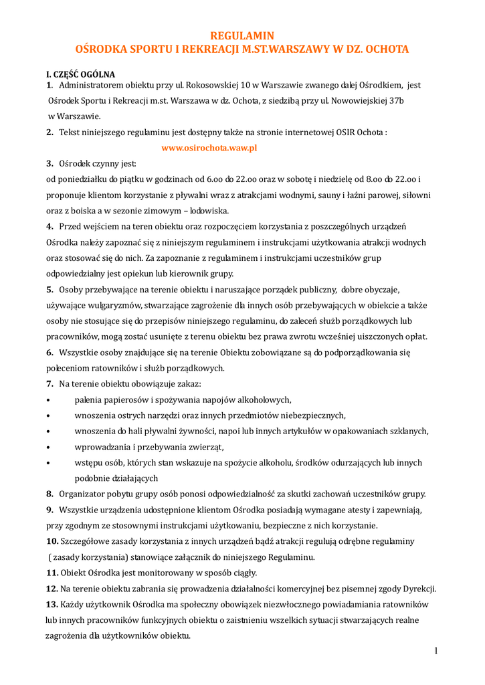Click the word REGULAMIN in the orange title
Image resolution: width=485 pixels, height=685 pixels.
point(242,35)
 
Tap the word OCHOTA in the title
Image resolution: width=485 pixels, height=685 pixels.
point(384,50)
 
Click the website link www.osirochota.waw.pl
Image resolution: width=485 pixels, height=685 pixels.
point(209,148)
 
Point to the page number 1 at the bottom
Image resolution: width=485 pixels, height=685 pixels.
point(435,650)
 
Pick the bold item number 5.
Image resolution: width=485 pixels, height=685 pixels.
point(50,290)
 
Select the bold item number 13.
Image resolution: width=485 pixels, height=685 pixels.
point(52,604)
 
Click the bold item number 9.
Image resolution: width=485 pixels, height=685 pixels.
point(50,510)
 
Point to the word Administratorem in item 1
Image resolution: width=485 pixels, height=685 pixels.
point(93,86)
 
